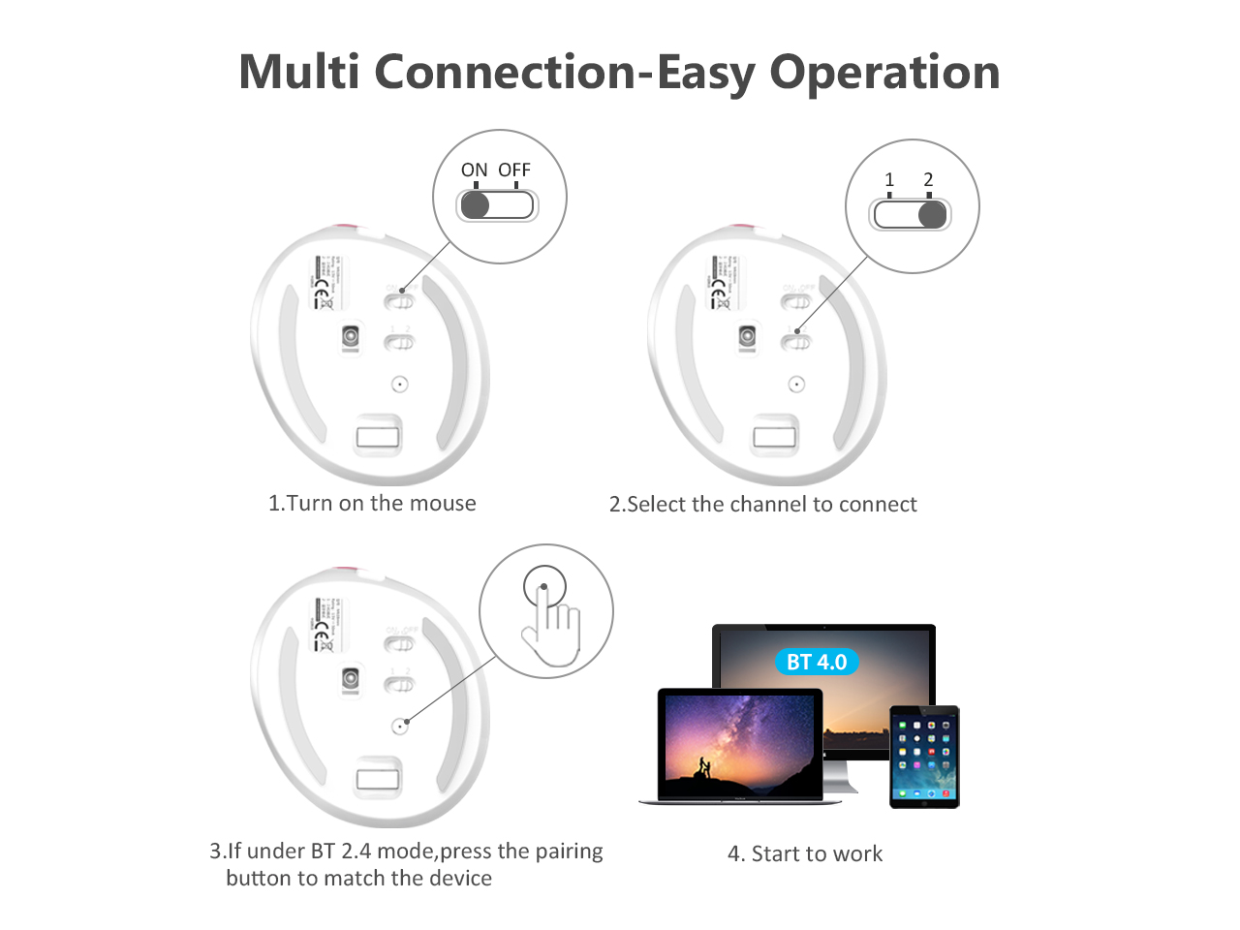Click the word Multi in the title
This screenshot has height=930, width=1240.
pyautogui.click(x=298, y=73)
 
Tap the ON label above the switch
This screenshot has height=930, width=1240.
pyautogui.click(x=474, y=170)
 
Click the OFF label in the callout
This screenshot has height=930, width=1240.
pyautogui.click(x=514, y=170)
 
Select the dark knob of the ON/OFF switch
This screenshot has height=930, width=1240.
pyautogui.click(x=476, y=204)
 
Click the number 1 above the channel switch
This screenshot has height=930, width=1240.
pyautogui.click(x=889, y=180)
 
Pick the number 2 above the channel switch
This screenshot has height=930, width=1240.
pyautogui.click(x=928, y=180)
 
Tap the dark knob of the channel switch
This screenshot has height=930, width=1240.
pyautogui.click(x=932, y=214)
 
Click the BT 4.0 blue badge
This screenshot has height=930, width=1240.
pyautogui.click(x=817, y=663)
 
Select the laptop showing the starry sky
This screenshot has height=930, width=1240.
pyautogui.click(x=739, y=744)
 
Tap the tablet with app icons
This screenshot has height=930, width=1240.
pyautogui.click(x=924, y=757)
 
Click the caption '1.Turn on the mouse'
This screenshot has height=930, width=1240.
pyautogui.click(x=372, y=504)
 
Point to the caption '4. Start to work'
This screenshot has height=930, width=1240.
pyautogui.click(x=805, y=854)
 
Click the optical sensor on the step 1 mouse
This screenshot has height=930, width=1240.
pyautogui.click(x=351, y=336)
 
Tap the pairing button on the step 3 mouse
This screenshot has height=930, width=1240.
pyautogui.click(x=399, y=726)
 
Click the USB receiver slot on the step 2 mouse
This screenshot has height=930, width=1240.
pyautogui.click(x=775, y=436)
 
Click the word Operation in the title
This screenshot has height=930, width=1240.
pyautogui.click(x=884, y=73)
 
